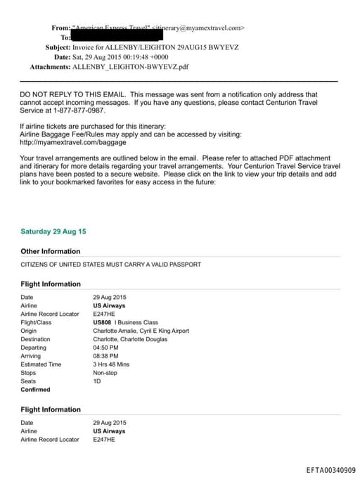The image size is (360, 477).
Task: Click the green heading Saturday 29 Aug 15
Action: pyautogui.click(x=53, y=231)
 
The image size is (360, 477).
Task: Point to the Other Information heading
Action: pyautogui.click(x=51, y=251)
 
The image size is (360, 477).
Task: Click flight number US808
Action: pyautogui.click(x=102, y=322)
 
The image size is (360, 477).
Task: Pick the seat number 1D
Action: pyautogui.click(x=97, y=381)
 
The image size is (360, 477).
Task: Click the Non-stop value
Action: pyautogui.click(x=105, y=373)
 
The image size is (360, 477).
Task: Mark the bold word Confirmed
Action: pyautogui.click(x=36, y=390)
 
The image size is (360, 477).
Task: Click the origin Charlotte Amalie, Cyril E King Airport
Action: pyautogui.click(x=141, y=331)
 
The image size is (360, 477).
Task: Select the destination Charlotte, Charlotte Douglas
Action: pyautogui.click(x=130, y=339)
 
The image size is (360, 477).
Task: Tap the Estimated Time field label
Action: pyautogui.click(x=41, y=364)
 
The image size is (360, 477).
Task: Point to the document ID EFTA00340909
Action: pyautogui.click(x=330, y=469)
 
